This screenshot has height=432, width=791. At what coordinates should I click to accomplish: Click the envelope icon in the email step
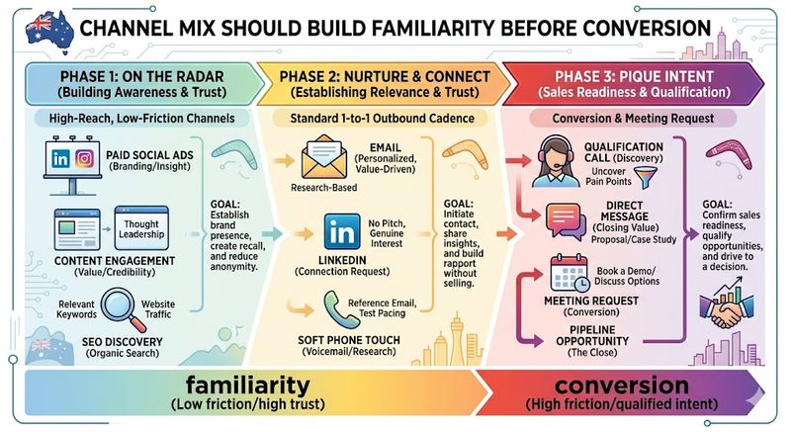tap(321, 160)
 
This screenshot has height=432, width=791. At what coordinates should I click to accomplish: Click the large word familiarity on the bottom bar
tap(236, 388)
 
